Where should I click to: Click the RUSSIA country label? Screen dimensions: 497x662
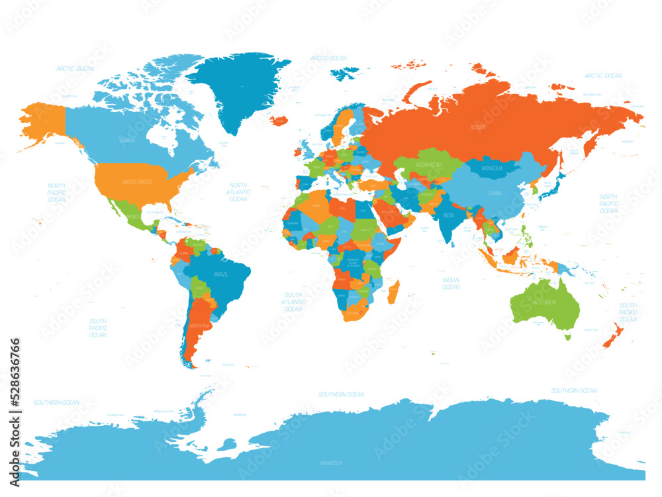tap(478, 126)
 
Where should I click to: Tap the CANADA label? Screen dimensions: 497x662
tap(126, 140)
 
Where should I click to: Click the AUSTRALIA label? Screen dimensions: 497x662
tap(545, 302)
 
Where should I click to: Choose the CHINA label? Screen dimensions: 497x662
tap(495, 193)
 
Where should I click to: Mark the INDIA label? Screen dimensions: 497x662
tap(449, 215)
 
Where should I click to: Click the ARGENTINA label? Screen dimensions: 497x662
tap(201, 326)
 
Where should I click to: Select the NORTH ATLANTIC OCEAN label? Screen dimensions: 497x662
tap(238, 192)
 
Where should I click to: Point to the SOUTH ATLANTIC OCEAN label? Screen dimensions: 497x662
tap(293, 302)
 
